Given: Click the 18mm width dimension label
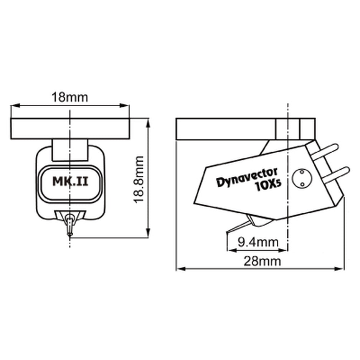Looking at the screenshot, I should click(x=70, y=97).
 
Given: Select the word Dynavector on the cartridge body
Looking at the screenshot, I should click(x=247, y=177).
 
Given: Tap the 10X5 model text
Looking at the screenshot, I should click(x=269, y=186).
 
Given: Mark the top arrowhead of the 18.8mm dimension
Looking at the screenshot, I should click(x=148, y=121).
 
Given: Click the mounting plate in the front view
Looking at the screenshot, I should click(x=70, y=129).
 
